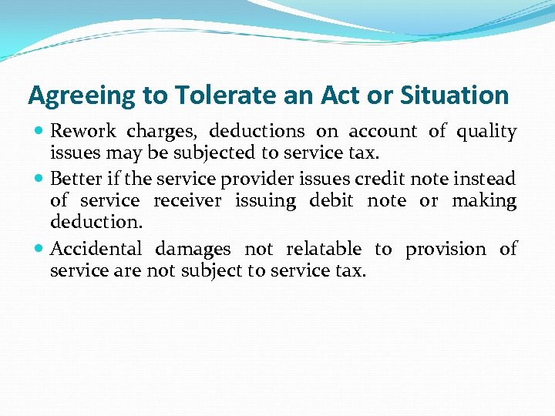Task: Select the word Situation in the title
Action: tap(455, 96)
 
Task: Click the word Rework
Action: tap(82, 132)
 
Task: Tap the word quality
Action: tap(486, 133)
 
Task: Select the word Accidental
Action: tap(96, 249)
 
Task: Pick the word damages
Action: tap(193, 250)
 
